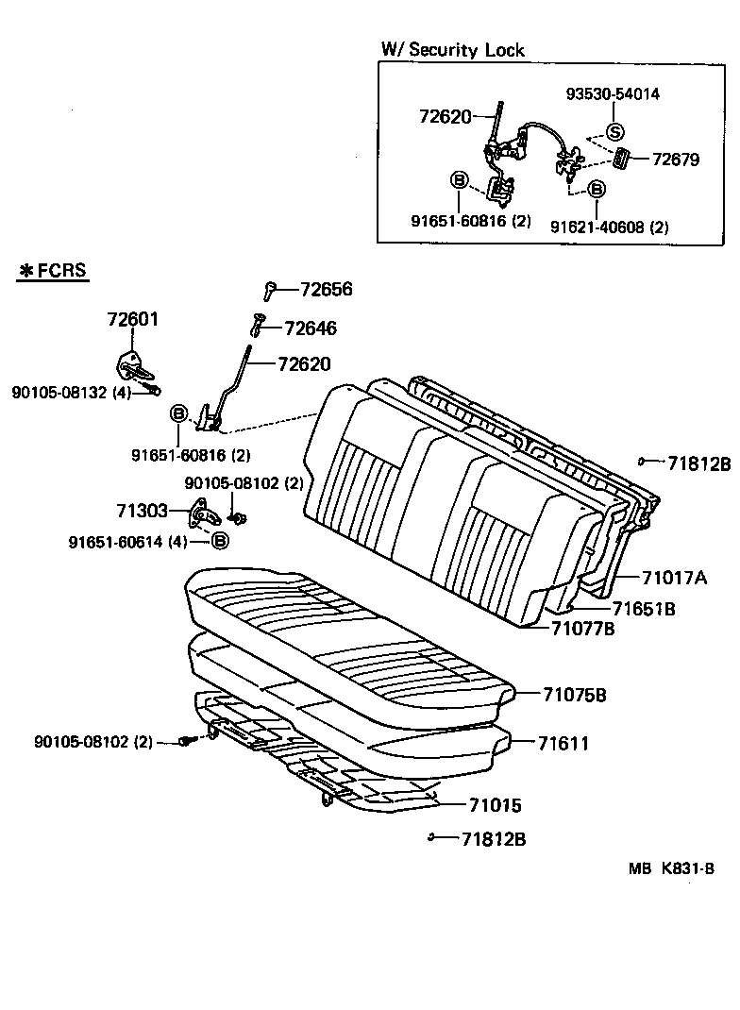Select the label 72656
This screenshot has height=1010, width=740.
tap(326, 290)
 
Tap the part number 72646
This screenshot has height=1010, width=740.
tap(310, 328)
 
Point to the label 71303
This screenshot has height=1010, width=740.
tap(142, 511)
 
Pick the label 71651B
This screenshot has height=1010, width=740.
tap(643, 609)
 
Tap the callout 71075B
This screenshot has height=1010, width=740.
tap(574, 696)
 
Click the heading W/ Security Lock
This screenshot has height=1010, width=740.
tap(452, 50)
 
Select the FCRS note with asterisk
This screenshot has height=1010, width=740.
tap(53, 271)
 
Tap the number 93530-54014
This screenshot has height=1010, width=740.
tap(613, 94)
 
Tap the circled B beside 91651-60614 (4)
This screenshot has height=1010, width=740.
tap(219, 541)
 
